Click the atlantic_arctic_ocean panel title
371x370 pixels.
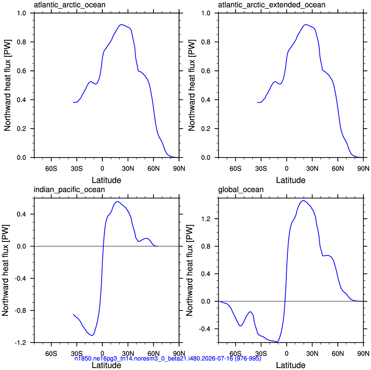(70, 5)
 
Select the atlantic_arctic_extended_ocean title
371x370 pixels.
(271, 5)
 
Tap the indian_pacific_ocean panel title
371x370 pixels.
(69, 190)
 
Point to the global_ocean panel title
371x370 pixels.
(240, 190)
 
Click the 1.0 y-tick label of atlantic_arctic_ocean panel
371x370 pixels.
(22, 13)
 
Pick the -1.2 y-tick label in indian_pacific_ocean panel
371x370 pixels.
(20, 343)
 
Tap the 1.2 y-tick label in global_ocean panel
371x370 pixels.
(206, 219)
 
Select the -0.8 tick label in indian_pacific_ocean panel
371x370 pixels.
(20, 310)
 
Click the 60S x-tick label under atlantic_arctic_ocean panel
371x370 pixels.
(51, 169)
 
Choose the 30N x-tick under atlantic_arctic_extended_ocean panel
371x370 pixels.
(312, 169)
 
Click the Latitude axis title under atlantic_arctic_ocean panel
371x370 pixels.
(106, 180)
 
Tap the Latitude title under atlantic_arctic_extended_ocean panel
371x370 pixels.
(290, 180)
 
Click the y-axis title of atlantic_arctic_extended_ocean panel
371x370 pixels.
(192, 85)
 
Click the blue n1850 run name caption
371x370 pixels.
(168, 359)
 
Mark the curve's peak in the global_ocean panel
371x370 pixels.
(303, 201)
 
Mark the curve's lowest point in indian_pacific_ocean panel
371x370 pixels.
(92, 335)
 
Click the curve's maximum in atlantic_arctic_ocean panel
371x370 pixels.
(122, 24)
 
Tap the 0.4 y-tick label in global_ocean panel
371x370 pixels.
(206, 274)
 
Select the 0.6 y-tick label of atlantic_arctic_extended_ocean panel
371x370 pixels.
(206, 71)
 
